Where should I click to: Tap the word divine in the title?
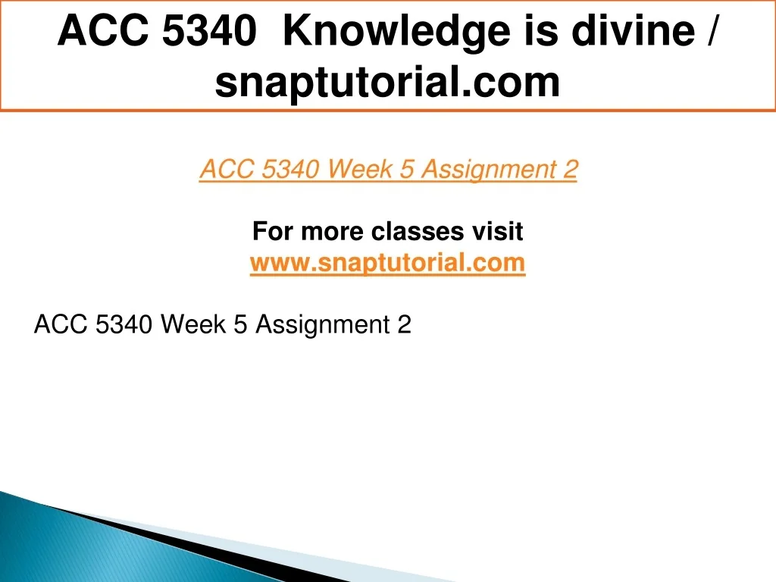[x=634, y=30]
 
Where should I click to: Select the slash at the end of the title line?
[x=711, y=30]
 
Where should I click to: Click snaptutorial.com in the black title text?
[x=387, y=83]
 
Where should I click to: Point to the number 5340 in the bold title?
[x=209, y=30]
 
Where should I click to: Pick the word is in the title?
[x=541, y=30]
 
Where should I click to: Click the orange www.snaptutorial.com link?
[x=387, y=262]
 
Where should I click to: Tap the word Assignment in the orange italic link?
[x=489, y=170]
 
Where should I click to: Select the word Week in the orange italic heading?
[x=360, y=169]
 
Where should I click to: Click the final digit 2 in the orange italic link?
[x=570, y=169]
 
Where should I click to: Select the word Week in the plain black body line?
[x=194, y=324]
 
